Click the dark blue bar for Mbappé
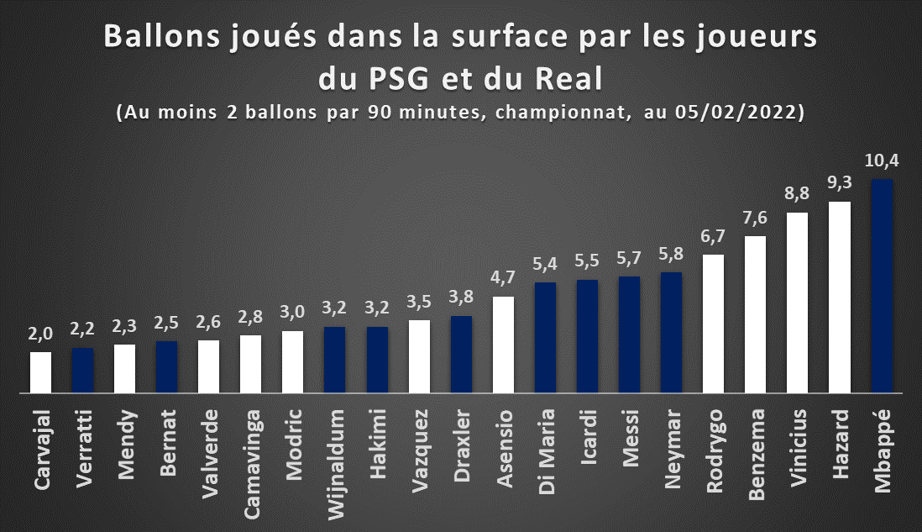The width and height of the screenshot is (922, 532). click(882, 286)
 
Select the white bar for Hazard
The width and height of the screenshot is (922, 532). click(839, 298)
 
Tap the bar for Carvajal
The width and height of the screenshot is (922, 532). click(40, 372)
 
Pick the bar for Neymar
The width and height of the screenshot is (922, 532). click(671, 333)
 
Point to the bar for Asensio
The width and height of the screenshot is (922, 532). click(503, 345)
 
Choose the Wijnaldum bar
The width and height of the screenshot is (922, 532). click(334, 360)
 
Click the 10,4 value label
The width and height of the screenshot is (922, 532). click(882, 161)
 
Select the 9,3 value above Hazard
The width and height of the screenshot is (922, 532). click(839, 183)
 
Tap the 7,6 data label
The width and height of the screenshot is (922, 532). click(755, 218)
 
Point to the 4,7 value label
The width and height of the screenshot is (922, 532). click(503, 278)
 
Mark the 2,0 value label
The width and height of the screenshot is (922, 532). click(40, 334)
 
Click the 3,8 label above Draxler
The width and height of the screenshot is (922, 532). click(461, 298)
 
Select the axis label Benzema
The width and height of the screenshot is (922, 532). click(757, 455)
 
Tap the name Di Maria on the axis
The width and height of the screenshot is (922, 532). click(547, 451)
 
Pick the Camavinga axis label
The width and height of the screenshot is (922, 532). click(251, 464)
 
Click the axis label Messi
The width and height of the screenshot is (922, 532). click(630, 438)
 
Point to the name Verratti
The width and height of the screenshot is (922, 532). click(83, 448)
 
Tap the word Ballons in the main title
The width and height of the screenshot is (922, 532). click(163, 36)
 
